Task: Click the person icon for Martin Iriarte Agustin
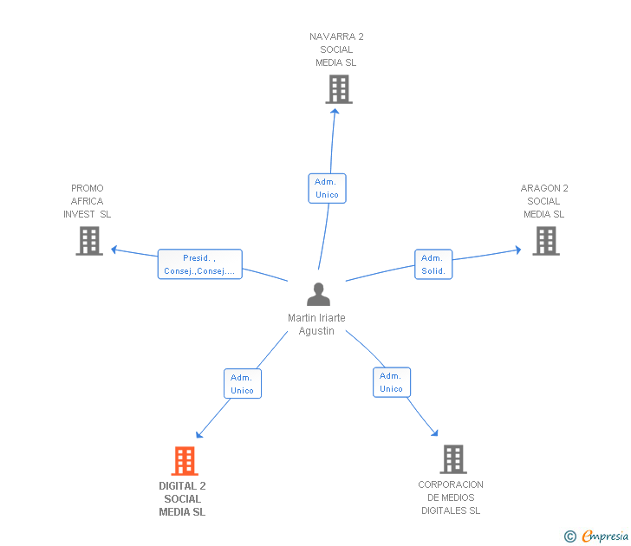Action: click(318, 294)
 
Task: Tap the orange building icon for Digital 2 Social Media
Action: click(185, 461)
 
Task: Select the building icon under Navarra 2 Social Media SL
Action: click(339, 89)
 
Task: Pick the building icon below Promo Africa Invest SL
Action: click(89, 241)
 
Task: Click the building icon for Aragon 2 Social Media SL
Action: click(546, 241)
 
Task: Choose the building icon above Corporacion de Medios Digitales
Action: click(453, 459)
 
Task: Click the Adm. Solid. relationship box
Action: click(433, 264)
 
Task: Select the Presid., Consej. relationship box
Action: click(200, 264)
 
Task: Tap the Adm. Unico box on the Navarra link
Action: click(327, 188)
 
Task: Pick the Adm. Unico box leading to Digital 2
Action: click(243, 384)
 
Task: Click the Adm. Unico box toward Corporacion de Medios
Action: click(392, 382)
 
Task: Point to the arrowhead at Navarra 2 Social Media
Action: click(335, 111)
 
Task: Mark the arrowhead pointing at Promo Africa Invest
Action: click(114, 250)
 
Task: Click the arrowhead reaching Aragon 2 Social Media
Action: click(518, 250)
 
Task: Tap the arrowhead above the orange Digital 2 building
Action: click(198, 434)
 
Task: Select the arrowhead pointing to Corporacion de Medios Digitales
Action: click(434, 433)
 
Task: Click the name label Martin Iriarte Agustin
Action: click(316, 324)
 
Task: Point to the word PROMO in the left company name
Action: click(88, 188)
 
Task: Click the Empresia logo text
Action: click(605, 536)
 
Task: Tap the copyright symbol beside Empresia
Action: click(570, 536)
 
